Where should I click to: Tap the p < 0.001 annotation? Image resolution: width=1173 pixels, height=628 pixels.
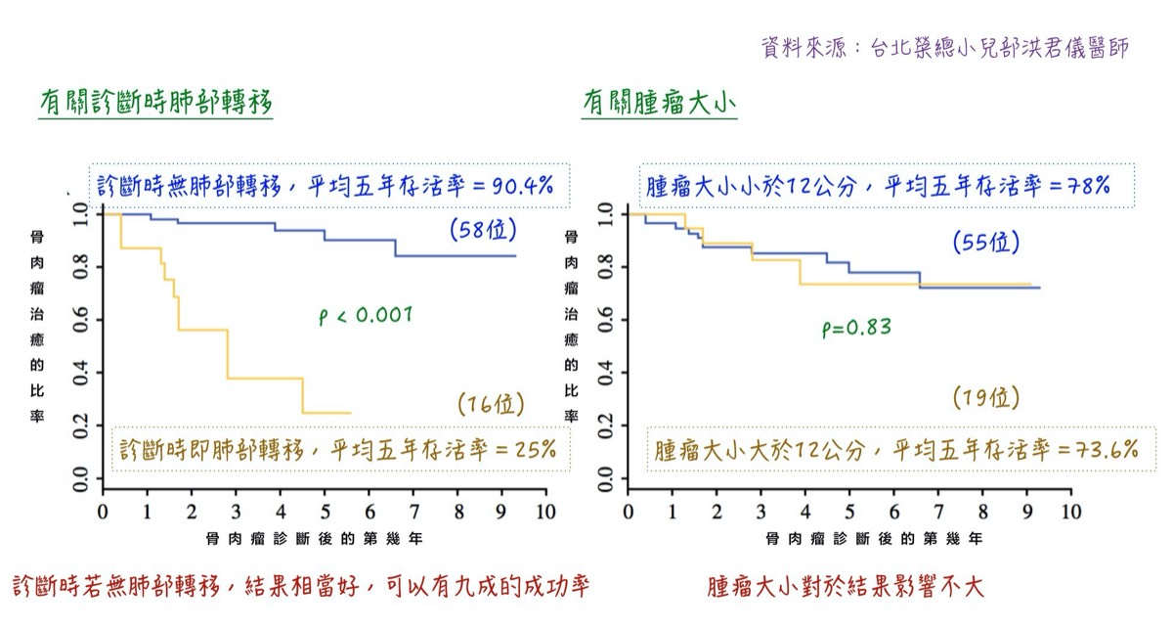click(x=366, y=315)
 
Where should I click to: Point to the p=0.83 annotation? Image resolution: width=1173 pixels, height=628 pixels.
click(x=856, y=328)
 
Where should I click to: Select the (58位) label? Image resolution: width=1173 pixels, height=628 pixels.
click(x=483, y=230)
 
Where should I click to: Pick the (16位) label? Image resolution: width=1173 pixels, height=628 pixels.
click(x=491, y=403)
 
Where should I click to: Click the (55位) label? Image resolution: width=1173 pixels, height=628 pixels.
click(x=985, y=243)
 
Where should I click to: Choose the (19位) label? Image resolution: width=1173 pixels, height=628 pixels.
click(x=985, y=397)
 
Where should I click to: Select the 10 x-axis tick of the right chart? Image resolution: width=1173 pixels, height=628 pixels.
click(x=1072, y=511)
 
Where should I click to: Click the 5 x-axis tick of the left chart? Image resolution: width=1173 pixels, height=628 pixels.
click(x=325, y=511)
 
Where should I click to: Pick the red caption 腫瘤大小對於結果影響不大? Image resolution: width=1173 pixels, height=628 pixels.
click(x=846, y=587)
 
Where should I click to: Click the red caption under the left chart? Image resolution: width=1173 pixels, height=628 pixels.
click(x=301, y=587)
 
